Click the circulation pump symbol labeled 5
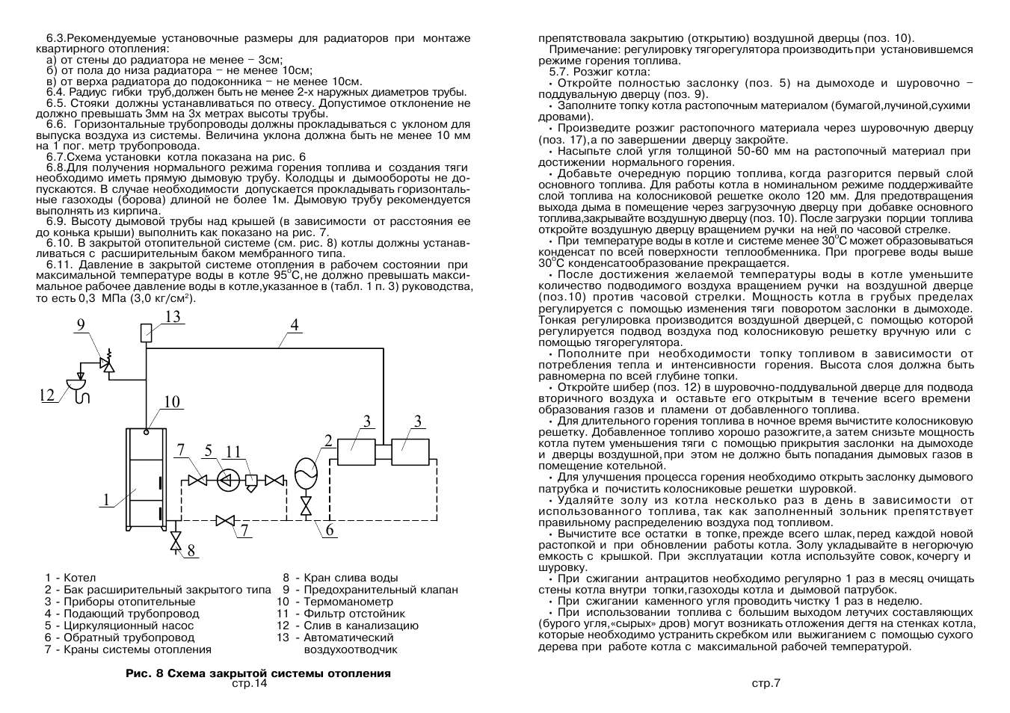(x=227, y=481)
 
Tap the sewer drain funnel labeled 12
(x=77, y=386)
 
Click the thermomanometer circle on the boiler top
(x=147, y=431)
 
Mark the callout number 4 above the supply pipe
(x=295, y=325)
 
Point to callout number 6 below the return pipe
(x=329, y=531)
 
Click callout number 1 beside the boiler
(x=107, y=500)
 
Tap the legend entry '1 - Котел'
(x=70, y=578)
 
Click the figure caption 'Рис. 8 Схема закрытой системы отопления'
(x=258, y=673)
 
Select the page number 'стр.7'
(x=766, y=683)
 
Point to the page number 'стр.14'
(x=249, y=683)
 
